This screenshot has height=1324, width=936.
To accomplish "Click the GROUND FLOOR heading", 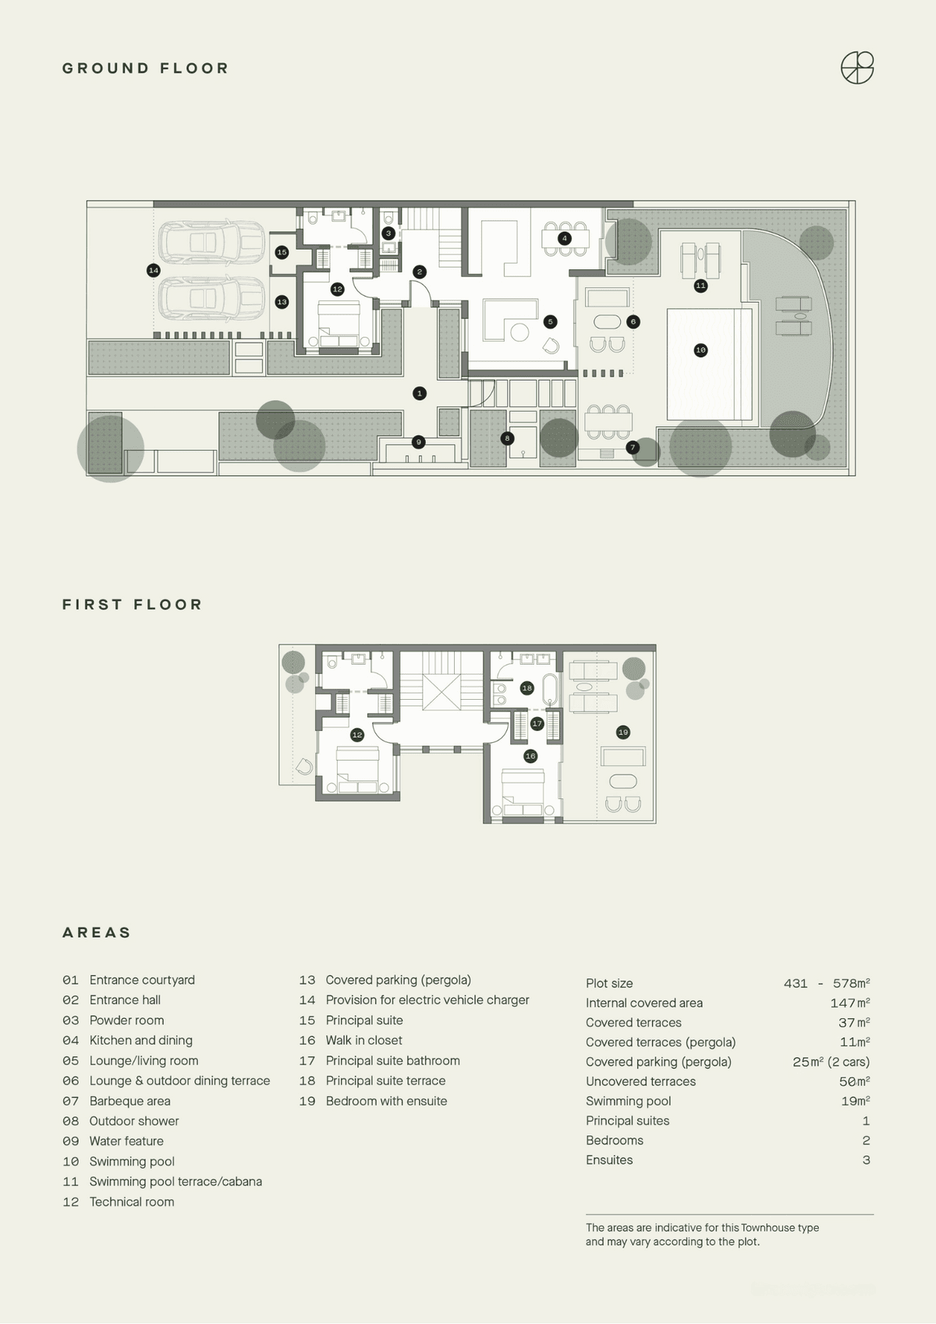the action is (145, 69).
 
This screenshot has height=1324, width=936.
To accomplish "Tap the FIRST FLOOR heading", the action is (133, 605).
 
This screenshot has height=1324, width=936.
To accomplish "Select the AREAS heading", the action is (96, 932).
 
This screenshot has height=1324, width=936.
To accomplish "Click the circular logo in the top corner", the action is (856, 68).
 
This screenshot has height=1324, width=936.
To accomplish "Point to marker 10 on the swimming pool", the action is (700, 350).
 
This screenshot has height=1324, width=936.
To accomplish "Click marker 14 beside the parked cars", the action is (154, 271).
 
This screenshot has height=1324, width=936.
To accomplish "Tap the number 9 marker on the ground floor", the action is (418, 442).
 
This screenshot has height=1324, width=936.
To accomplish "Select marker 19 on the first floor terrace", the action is (622, 733).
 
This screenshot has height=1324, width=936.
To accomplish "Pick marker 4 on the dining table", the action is (564, 239).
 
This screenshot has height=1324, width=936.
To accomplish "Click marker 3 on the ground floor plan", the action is (388, 233).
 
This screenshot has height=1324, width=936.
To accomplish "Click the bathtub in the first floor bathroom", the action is (550, 689).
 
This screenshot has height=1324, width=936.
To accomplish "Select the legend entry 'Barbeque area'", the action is (130, 1101).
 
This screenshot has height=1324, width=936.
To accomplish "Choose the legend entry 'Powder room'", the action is (126, 1021).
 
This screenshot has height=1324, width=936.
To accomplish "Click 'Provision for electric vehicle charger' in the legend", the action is (427, 1000).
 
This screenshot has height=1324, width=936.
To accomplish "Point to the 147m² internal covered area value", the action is (849, 1003).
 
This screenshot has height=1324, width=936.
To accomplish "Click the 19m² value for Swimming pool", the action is (855, 1101).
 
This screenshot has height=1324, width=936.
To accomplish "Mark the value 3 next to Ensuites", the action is (867, 1160).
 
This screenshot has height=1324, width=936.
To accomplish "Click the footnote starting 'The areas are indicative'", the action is (702, 1235).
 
